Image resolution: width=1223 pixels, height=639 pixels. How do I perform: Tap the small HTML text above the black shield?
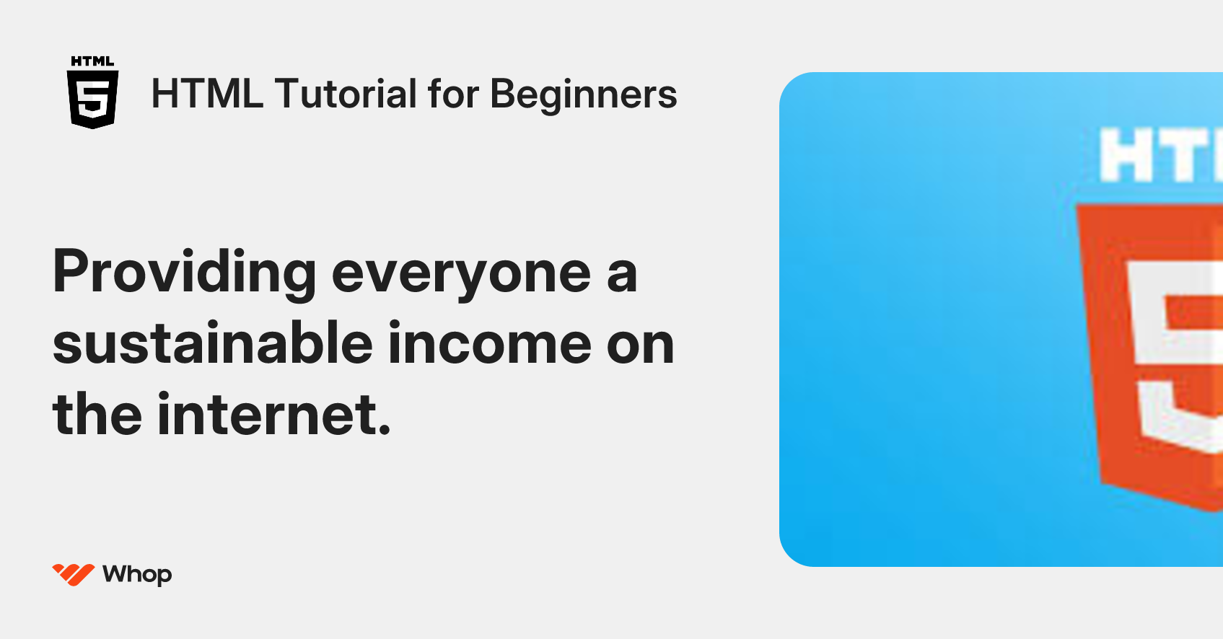click(x=92, y=61)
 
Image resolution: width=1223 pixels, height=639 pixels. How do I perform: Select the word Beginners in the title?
click(x=583, y=95)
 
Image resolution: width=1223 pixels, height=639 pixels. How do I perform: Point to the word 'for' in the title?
click(x=453, y=94)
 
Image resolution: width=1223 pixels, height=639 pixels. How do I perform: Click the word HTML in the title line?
click(x=207, y=94)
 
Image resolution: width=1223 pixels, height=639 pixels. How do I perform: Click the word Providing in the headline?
click(x=184, y=273)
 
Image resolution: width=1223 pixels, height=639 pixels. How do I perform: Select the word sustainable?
click(x=212, y=343)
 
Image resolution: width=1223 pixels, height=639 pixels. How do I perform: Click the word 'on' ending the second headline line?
click(x=640, y=345)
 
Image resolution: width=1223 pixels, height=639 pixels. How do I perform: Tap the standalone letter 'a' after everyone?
click(x=621, y=274)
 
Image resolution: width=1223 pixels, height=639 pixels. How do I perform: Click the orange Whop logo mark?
click(x=73, y=574)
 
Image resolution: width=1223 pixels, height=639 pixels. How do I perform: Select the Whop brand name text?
click(x=137, y=574)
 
